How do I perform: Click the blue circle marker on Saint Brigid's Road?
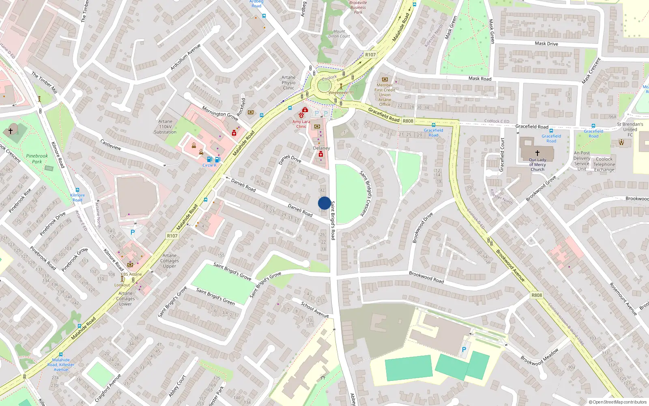pyautogui.click(x=324, y=203)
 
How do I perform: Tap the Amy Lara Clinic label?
pyautogui.click(x=301, y=124)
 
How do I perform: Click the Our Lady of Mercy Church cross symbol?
pyautogui.click(x=537, y=153)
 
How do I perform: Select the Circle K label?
pyautogui.click(x=209, y=165)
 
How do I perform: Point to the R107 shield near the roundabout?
pyautogui.click(x=370, y=55)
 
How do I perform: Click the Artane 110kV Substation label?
pyautogui.click(x=165, y=127)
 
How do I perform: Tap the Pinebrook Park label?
pyautogui.click(x=37, y=159)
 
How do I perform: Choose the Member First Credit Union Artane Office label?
pyautogui.click(x=385, y=95)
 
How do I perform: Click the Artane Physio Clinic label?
pyautogui.click(x=288, y=82)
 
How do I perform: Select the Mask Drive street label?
pyautogui.click(x=546, y=43)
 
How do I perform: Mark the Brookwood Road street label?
pyautogui.click(x=426, y=277)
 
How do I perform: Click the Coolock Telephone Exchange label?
pyautogui.click(x=604, y=164)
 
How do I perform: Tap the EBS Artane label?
pyautogui.click(x=131, y=274)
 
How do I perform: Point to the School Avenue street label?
pyautogui.click(x=315, y=309)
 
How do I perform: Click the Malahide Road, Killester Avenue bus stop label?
pyautogui.click(x=61, y=365)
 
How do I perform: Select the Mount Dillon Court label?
pyautogui.click(x=339, y=34)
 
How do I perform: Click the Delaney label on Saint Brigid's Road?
pyautogui.click(x=321, y=148)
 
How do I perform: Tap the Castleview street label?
pyautogui.click(x=110, y=145)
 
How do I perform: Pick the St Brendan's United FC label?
pyautogui.click(x=630, y=130)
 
